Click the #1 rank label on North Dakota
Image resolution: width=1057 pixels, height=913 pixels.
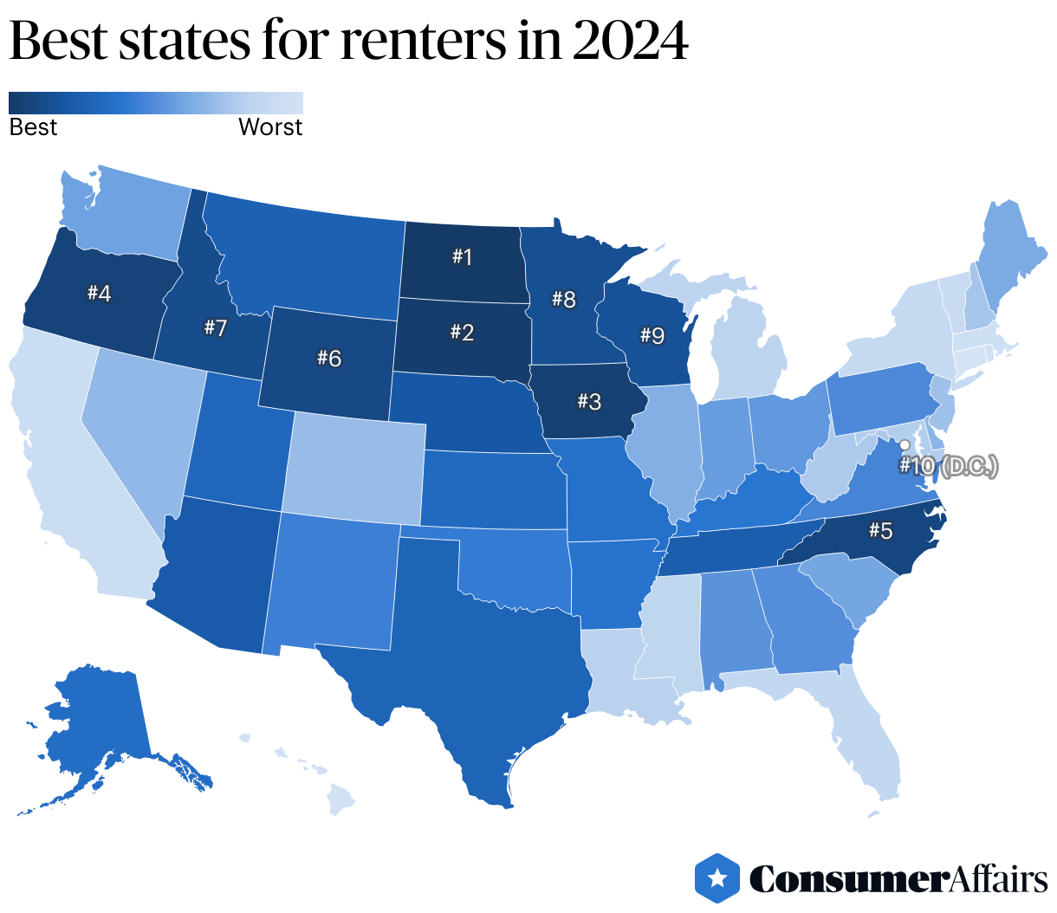click(x=462, y=256)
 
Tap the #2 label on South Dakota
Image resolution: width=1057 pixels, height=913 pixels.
click(x=462, y=332)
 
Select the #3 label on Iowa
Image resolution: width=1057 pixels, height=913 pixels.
click(x=588, y=401)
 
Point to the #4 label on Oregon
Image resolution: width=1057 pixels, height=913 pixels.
click(x=99, y=294)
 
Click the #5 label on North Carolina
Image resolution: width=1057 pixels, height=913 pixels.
click(x=880, y=530)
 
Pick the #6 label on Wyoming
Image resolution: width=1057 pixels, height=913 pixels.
click(x=329, y=358)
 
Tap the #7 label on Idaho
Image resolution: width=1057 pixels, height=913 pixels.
click(x=215, y=327)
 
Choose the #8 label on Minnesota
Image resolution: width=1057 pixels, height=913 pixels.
click(x=564, y=300)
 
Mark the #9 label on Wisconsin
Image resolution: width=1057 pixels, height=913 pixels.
click(x=652, y=334)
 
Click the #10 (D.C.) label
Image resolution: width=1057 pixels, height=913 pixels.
click(x=948, y=466)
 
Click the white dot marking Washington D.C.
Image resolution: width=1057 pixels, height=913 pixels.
click(x=905, y=445)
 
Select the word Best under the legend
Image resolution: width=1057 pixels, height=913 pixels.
click(x=33, y=127)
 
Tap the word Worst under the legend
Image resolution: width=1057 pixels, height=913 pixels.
click(x=270, y=127)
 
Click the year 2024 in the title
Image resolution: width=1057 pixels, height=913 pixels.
click(x=630, y=40)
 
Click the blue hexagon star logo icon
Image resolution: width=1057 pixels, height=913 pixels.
click(x=717, y=878)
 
